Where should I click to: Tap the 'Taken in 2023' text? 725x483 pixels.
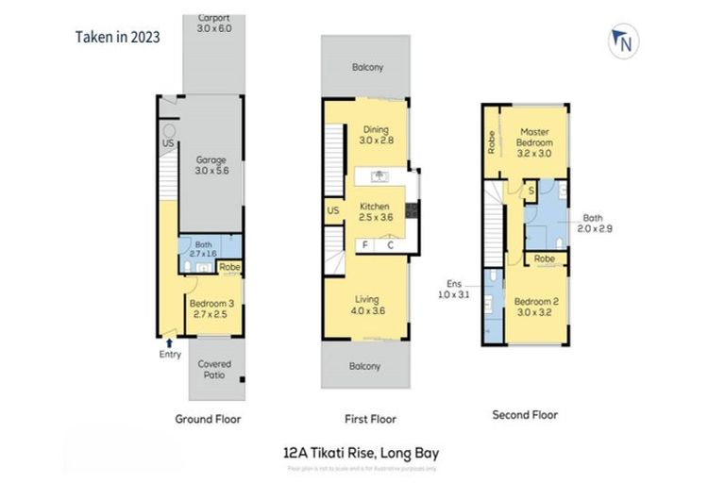117,38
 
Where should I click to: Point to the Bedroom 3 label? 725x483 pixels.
209,308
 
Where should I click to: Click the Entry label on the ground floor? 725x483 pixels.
170,354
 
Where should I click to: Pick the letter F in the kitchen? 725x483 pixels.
364,245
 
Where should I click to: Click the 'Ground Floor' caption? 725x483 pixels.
209,419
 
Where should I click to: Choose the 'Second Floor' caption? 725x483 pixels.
525,414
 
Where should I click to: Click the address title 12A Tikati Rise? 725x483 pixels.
362,453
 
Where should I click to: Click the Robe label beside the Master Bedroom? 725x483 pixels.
492,142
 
